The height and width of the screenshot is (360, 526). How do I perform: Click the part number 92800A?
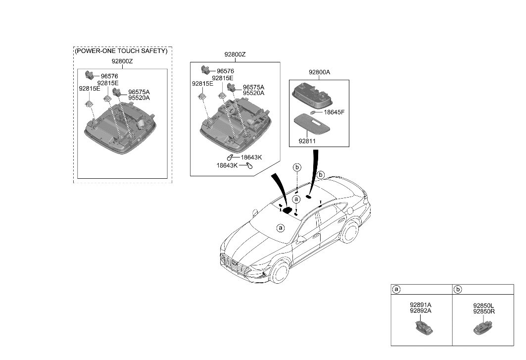coord(319,72)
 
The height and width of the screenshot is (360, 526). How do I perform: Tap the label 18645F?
coord(334,112)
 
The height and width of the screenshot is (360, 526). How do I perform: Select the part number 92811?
coord(308,141)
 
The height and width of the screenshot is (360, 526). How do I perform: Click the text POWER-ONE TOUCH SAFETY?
coord(122,51)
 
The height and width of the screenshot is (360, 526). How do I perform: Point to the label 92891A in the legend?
coord(421,305)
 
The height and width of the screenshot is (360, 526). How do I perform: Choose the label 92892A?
coord(421,311)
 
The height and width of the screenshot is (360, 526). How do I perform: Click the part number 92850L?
coord(483,306)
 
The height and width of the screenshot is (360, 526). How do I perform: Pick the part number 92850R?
coord(483,311)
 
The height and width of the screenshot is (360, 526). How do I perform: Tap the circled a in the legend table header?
coord(396,289)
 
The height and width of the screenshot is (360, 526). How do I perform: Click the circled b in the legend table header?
coord(458,289)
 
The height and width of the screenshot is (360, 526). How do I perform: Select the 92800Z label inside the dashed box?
coord(122,62)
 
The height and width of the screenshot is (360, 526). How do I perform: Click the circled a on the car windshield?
coord(281,228)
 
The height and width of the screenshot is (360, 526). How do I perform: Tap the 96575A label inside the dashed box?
coord(139,92)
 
